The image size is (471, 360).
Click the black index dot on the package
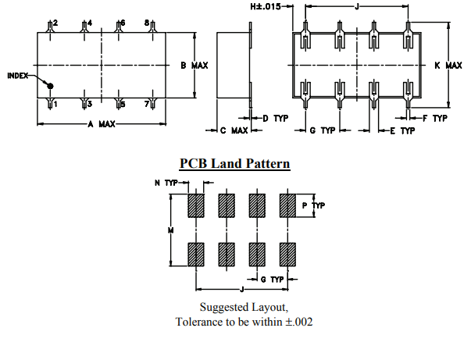[50, 87]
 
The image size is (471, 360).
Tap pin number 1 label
[55, 104]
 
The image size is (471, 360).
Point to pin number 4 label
[89, 23]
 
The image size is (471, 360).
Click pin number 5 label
[123, 104]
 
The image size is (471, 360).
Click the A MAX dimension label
[102, 124]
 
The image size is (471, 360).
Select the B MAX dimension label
[194, 66]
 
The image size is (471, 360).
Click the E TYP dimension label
[402, 130]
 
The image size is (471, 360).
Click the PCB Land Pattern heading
[235, 164]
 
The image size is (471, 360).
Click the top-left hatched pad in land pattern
[195, 205]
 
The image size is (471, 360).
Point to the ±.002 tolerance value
[298, 322]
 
